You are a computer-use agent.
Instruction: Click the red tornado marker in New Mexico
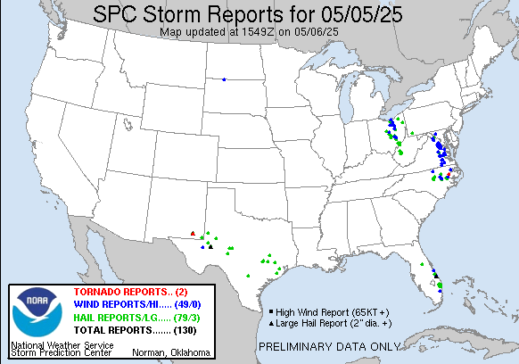[x=194, y=234]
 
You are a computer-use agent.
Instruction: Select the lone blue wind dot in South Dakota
[x=223, y=79]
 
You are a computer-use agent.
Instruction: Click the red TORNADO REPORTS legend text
[x=123, y=293]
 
